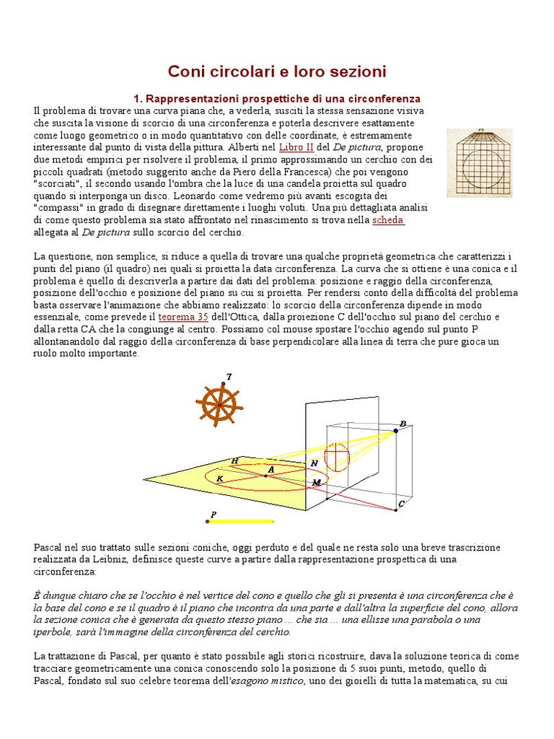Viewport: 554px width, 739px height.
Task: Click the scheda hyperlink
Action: pyautogui.click(x=388, y=220)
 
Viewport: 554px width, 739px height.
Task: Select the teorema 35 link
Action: pyautogui.click(x=183, y=317)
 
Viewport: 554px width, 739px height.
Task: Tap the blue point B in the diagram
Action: pyautogui.click(x=395, y=431)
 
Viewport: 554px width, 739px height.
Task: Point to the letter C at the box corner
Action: pyautogui.click(x=402, y=504)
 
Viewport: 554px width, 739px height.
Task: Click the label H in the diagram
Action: pyautogui.click(x=235, y=460)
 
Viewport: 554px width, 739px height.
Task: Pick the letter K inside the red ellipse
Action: pyautogui.click(x=219, y=478)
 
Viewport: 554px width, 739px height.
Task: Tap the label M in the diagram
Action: pyautogui.click(x=315, y=481)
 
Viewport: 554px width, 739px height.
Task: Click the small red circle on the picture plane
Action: pyautogui.click(x=337, y=457)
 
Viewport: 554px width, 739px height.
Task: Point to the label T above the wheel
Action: pyautogui.click(x=229, y=376)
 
